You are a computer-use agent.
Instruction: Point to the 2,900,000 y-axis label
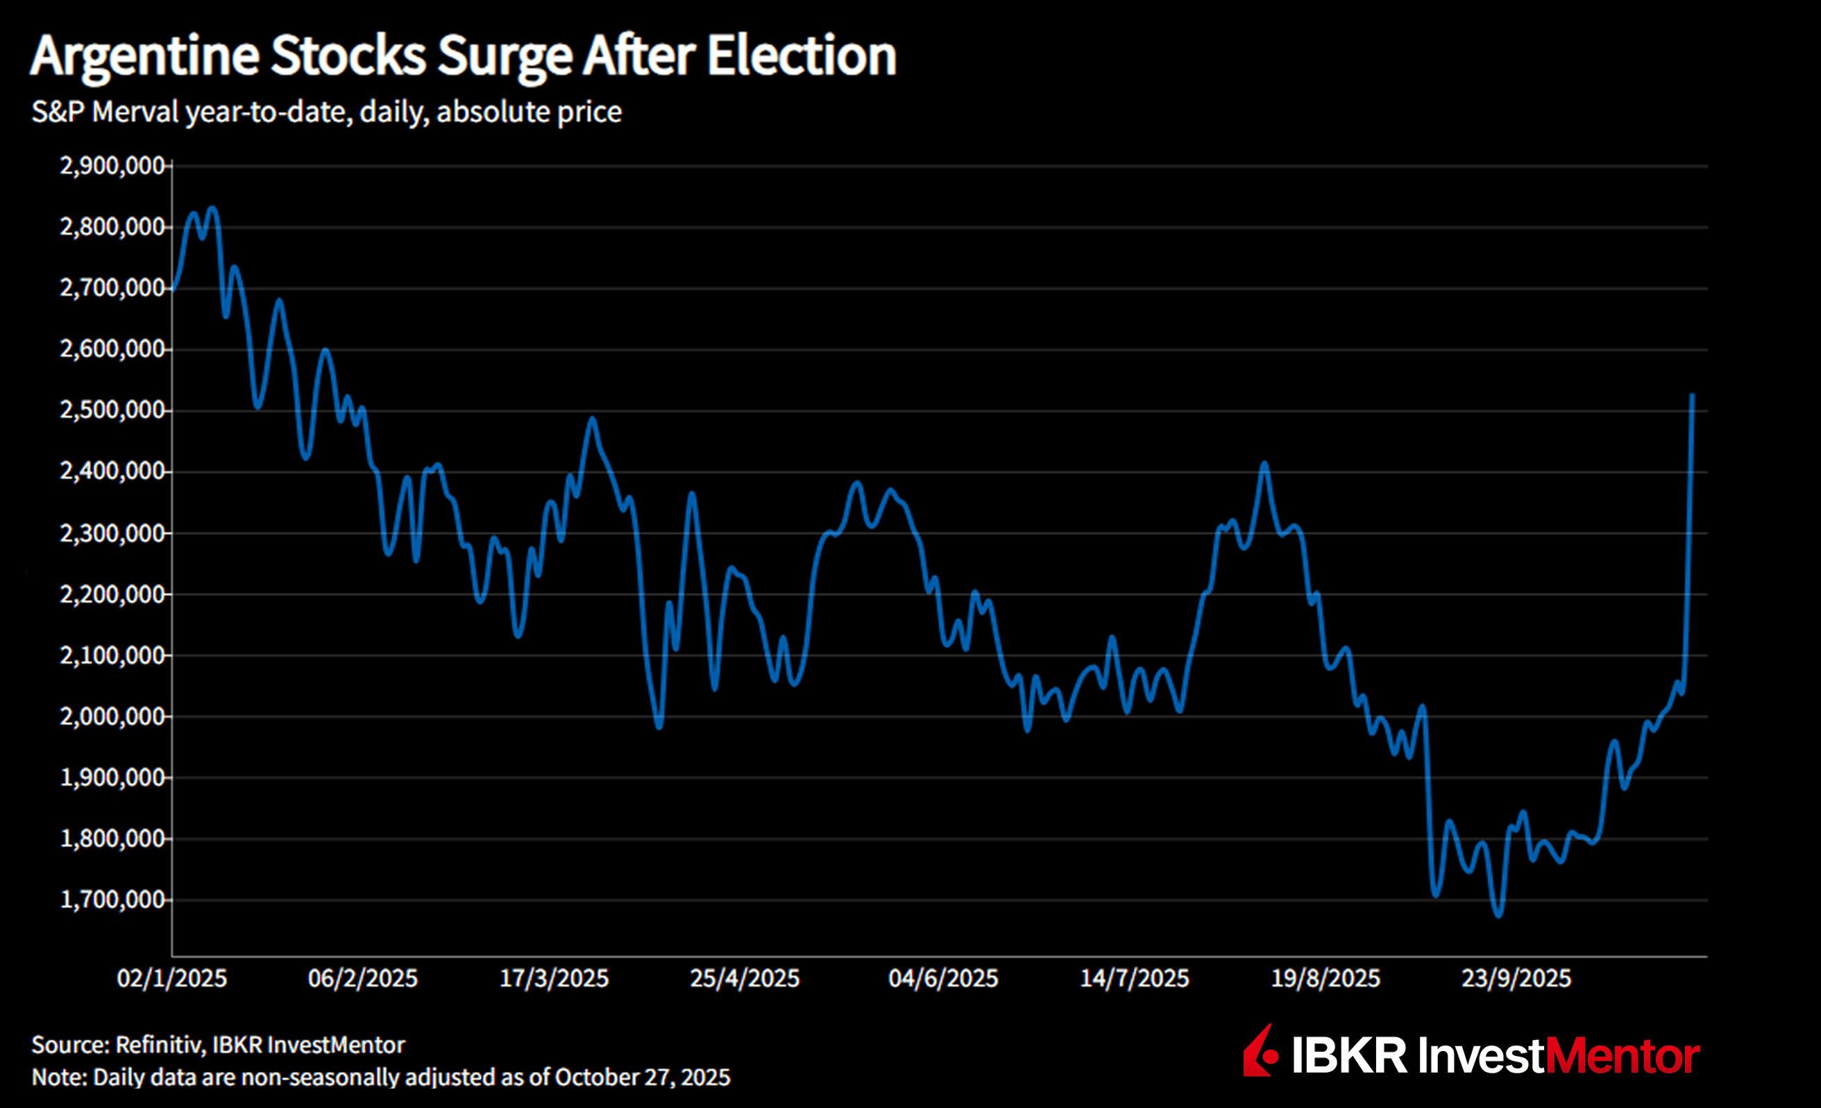coord(112,165)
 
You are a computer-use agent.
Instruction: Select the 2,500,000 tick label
coord(112,410)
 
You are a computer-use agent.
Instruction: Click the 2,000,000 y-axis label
coord(112,716)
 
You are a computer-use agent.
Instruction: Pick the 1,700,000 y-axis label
coord(112,899)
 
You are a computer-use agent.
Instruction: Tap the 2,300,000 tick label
coord(112,532)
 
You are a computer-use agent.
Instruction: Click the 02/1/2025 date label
coord(171,978)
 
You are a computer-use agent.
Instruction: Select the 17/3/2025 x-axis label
coord(554,978)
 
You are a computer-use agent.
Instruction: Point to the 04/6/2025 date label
coord(942,978)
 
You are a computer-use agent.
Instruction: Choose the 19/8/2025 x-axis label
coord(1325,978)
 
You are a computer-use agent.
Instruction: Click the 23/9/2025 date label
coord(1516,978)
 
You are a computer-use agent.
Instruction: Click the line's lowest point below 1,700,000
coord(1499,915)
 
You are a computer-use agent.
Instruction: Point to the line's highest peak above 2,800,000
coord(213,208)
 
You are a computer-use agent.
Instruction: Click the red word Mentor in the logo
coord(1623,1055)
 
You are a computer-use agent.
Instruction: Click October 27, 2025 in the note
coord(642,1077)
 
